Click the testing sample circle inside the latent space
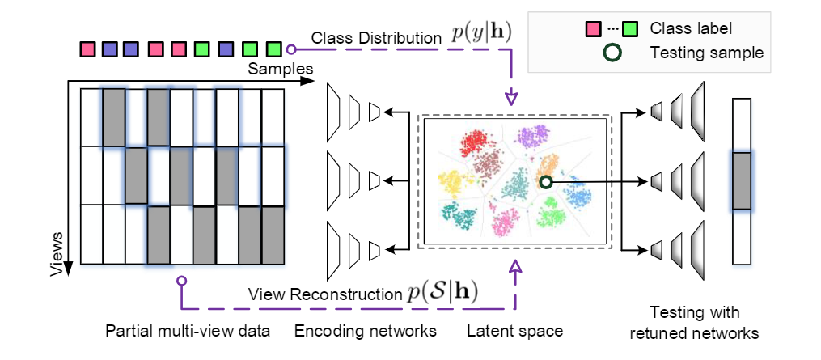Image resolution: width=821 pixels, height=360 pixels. pyautogui.click(x=547, y=182)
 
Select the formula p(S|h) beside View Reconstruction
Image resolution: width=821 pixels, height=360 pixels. pyautogui.click(x=444, y=294)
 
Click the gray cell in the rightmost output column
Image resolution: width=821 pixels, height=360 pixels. pyautogui.click(x=741, y=181)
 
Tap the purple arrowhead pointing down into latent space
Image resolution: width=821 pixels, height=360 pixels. pyautogui.click(x=510, y=98)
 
